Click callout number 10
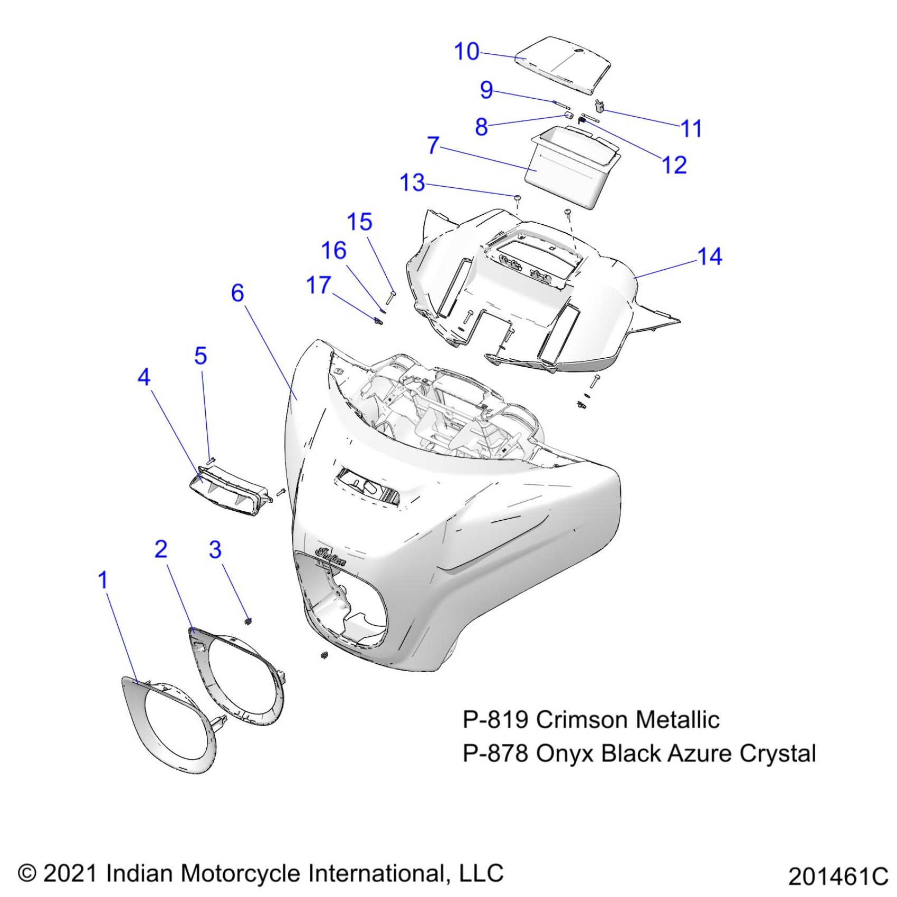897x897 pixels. (466, 52)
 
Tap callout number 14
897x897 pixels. (709, 257)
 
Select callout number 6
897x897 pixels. (237, 293)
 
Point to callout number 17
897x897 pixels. (318, 285)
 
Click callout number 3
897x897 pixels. (215, 550)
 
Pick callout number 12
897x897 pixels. (674, 165)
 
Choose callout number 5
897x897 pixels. (201, 356)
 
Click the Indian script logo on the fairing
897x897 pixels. (330, 556)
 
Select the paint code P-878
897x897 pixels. (495, 753)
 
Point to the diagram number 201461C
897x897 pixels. (838, 877)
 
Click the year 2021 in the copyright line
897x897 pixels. (71, 873)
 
